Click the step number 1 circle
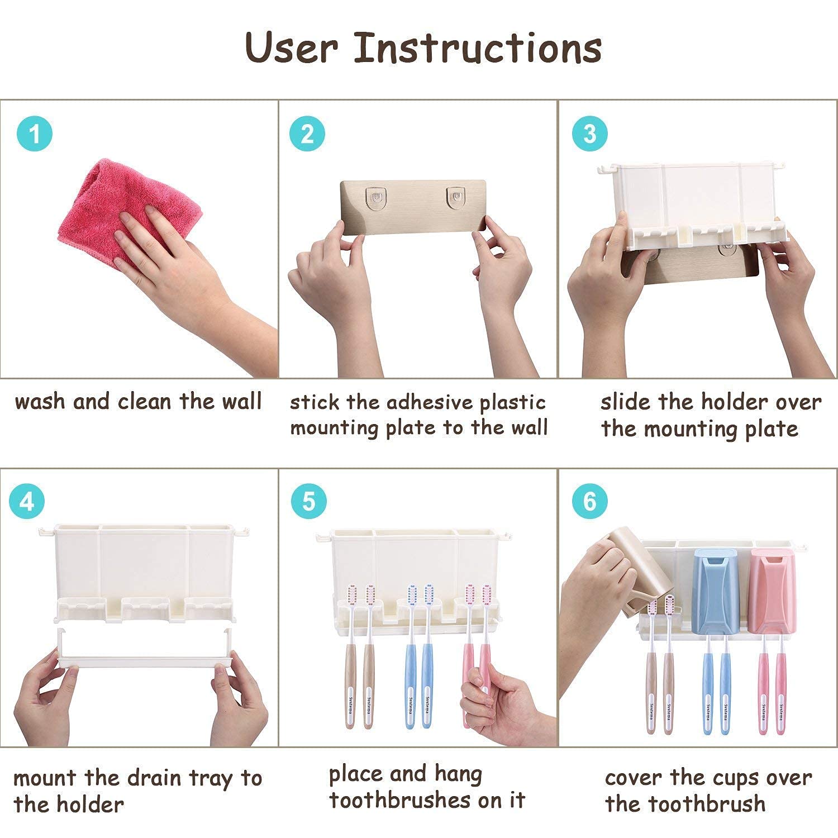click(35, 134)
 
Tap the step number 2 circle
click(307, 134)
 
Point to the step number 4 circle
click(27, 502)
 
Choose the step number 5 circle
click(309, 501)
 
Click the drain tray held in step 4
click(145, 649)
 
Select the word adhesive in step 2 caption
click(430, 402)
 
